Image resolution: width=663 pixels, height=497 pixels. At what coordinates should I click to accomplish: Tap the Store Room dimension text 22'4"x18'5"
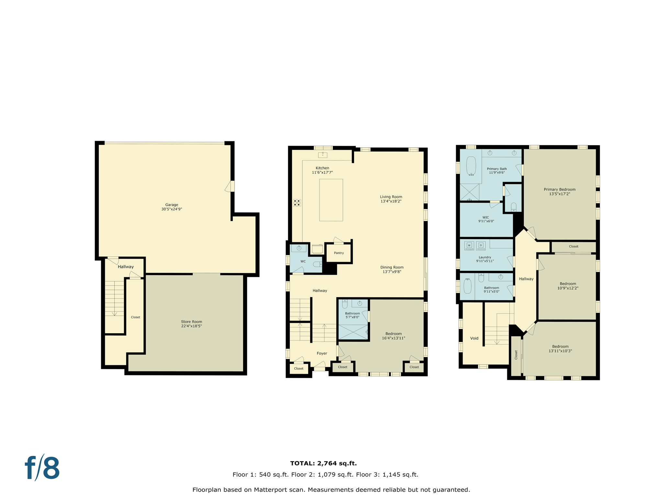(x=191, y=326)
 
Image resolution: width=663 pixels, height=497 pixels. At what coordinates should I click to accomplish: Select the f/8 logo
(x=42, y=468)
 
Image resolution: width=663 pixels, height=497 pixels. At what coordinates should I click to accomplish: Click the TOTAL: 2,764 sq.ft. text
(x=323, y=463)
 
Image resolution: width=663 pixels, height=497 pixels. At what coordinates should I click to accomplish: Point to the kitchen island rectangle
(x=331, y=200)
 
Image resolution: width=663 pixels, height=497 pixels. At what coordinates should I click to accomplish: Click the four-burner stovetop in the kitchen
(x=297, y=203)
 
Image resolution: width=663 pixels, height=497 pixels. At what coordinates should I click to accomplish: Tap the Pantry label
(x=339, y=253)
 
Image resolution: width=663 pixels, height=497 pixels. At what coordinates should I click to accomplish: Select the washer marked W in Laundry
(x=469, y=246)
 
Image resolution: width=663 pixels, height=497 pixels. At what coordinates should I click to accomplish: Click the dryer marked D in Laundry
(x=481, y=246)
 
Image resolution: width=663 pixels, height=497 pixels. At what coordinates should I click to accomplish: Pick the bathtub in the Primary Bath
(x=471, y=166)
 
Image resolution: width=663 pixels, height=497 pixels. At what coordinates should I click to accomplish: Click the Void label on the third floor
(x=474, y=338)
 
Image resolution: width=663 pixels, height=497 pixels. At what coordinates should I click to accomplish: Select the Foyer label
(x=322, y=353)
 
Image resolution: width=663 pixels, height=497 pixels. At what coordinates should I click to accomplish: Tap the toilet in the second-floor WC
(x=318, y=264)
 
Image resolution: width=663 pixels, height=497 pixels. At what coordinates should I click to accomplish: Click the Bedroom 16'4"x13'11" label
(x=393, y=336)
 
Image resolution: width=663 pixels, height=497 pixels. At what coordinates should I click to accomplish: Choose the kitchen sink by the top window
(x=322, y=155)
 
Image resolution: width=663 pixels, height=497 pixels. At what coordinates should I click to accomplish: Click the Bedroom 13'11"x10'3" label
(x=560, y=348)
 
